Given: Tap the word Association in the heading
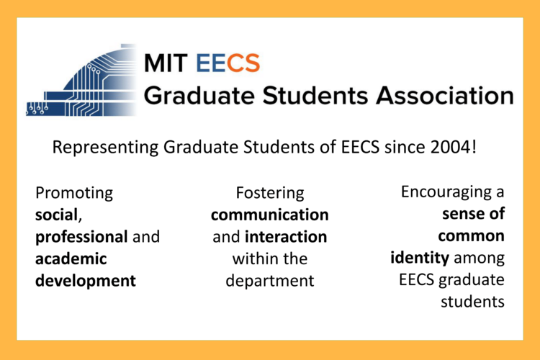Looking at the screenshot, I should point(441,94).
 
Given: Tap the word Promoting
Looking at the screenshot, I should point(74,193).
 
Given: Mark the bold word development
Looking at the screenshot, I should point(85,280).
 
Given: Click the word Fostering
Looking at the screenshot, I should point(269,193).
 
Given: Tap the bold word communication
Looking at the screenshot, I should point(269,215).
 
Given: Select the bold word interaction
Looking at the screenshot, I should point(285,237).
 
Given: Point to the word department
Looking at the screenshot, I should point(269,280).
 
